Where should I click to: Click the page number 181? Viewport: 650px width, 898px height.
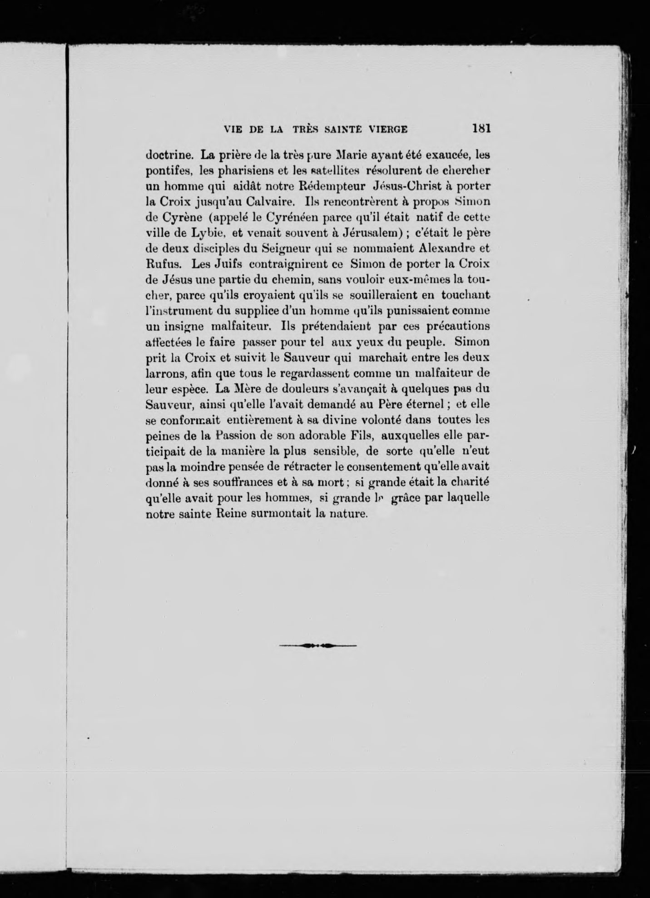(481, 129)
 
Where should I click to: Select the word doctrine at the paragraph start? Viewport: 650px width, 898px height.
(170, 155)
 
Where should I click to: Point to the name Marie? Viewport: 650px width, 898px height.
(350, 155)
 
